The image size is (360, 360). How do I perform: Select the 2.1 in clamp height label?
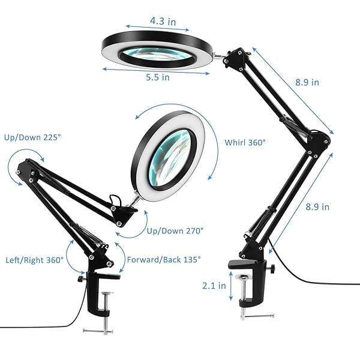214,286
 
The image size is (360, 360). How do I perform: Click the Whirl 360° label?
245,143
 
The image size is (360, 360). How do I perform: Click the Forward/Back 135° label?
164,260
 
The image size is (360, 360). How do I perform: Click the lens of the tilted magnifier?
170,157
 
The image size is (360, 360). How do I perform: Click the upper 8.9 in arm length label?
307,82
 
